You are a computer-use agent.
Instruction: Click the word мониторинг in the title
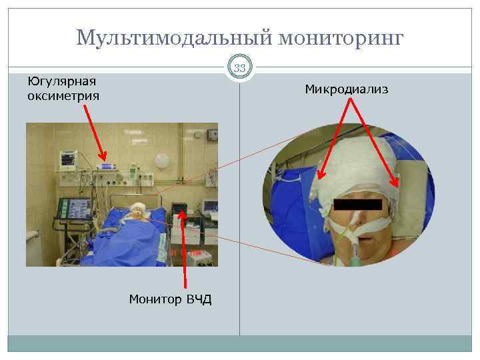(x=341, y=38)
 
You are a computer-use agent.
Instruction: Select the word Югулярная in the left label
(x=61, y=81)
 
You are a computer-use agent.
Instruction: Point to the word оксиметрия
(x=63, y=96)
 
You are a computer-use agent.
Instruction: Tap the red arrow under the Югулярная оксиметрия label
(x=95, y=137)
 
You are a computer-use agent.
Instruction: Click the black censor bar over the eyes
(x=357, y=205)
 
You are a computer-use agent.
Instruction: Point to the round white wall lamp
(x=162, y=161)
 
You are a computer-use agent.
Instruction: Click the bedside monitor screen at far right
(x=211, y=207)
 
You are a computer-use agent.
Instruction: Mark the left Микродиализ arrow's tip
(x=319, y=179)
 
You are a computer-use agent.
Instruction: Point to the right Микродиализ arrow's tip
(x=399, y=186)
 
